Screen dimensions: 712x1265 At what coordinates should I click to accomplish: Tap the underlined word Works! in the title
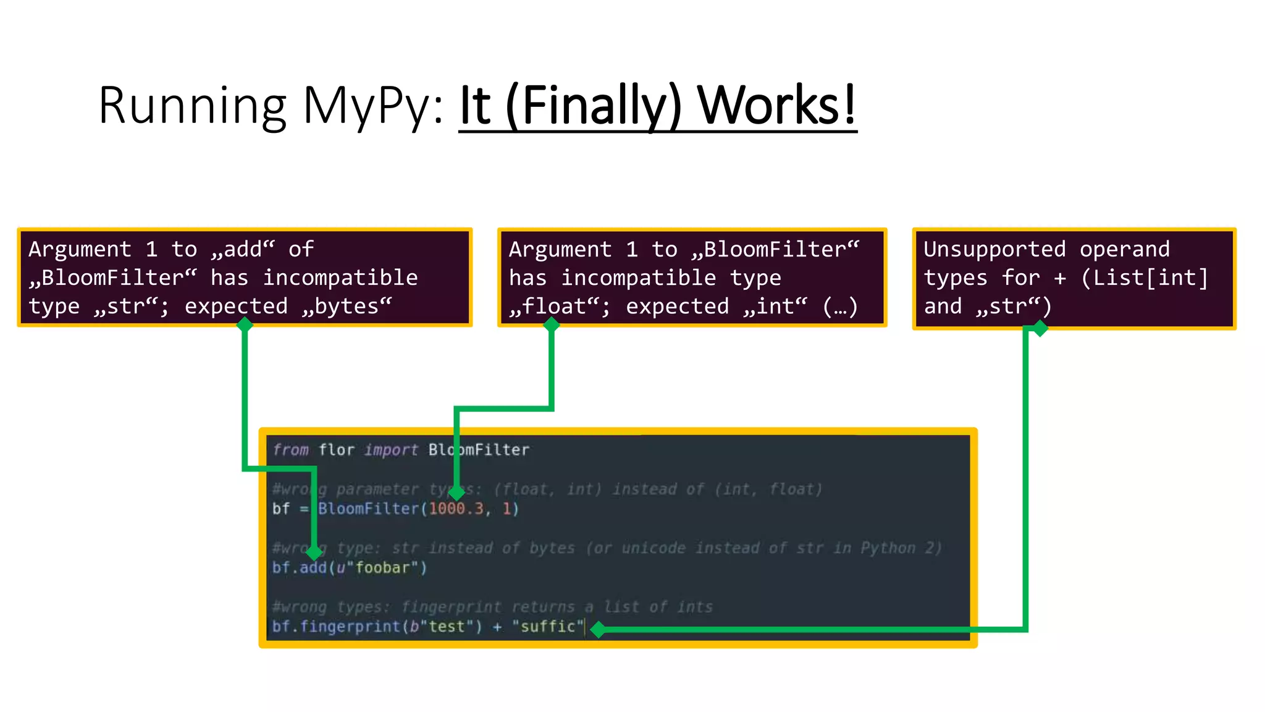tap(776, 105)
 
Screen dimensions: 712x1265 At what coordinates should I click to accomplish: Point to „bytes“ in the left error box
tap(347, 307)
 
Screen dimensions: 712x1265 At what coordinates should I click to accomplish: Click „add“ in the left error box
tap(243, 249)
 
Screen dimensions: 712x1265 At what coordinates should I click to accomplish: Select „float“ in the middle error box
tap(559, 307)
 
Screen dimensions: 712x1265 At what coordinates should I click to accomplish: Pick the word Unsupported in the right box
tap(994, 249)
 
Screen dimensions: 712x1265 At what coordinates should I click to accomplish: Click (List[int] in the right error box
tap(1144, 278)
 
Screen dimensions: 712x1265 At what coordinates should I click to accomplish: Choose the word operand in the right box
tap(1124, 249)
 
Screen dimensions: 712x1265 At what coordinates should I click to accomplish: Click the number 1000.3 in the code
tap(456, 509)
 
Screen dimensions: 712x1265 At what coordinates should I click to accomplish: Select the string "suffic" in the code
tap(547, 626)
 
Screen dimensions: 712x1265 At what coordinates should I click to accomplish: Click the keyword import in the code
tap(390, 450)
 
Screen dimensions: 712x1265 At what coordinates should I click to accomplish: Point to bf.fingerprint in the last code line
tap(336, 626)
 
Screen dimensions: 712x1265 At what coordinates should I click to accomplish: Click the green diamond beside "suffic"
tap(598, 630)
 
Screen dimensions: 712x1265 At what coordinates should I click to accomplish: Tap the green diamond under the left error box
tap(245, 324)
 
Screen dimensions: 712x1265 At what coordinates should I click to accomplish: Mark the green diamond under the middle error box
tap(551, 324)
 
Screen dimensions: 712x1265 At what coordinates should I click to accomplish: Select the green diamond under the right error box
tap(1040, 328)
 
